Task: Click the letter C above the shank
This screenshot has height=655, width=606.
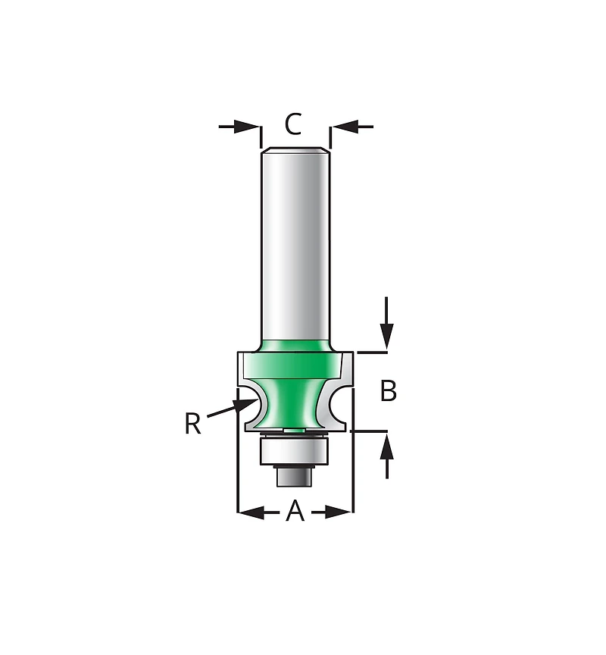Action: [x=294, y=124]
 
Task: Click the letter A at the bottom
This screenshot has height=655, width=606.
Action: [x=295, y=512]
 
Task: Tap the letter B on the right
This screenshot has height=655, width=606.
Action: [x=388, y=391]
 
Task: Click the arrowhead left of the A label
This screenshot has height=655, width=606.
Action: [x=251, y=512]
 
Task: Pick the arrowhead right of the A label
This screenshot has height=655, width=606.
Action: [x=339, y=512]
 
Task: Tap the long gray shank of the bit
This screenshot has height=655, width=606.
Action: [x=295, y=243]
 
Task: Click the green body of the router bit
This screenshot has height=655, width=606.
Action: [x=295, y=394]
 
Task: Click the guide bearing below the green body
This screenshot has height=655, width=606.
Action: [x=295, y=451]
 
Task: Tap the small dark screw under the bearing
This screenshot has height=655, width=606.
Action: [x=295, y=477]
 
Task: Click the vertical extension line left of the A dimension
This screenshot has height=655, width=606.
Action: [x=238, y=470]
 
